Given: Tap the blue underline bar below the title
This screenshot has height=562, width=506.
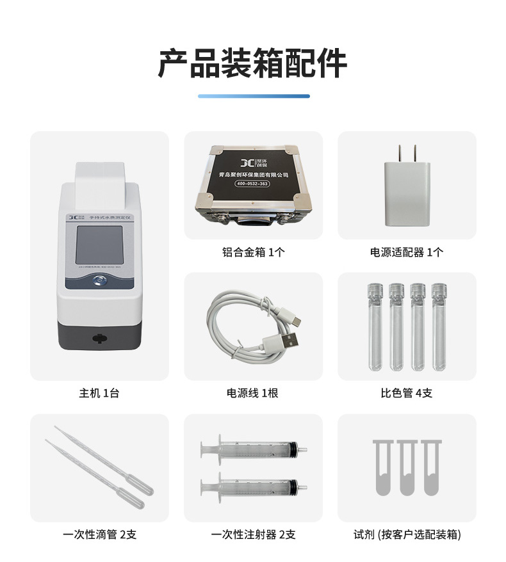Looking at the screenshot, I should pos(253,96).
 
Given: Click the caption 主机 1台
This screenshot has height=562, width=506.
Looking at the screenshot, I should pos(99,393).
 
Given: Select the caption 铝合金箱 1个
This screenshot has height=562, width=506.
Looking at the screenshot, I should pos(253,252).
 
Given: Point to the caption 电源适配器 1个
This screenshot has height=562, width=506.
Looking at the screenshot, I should pos(407,252).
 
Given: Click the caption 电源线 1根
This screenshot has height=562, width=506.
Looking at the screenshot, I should pos(253,393).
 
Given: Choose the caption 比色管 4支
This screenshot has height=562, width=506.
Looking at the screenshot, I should pos(407,393).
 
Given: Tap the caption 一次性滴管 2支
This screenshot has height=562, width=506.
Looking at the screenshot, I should pos(99,534).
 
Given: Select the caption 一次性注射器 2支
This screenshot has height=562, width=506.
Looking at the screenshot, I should pos(253,534).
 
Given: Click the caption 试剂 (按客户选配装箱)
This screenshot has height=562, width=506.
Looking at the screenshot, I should pos(407,534).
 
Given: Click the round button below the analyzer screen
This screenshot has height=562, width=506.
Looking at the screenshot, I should pos(99,280).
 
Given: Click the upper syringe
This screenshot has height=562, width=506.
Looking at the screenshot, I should pos(253,451).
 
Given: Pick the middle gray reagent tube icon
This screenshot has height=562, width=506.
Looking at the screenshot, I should pos(407,467).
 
